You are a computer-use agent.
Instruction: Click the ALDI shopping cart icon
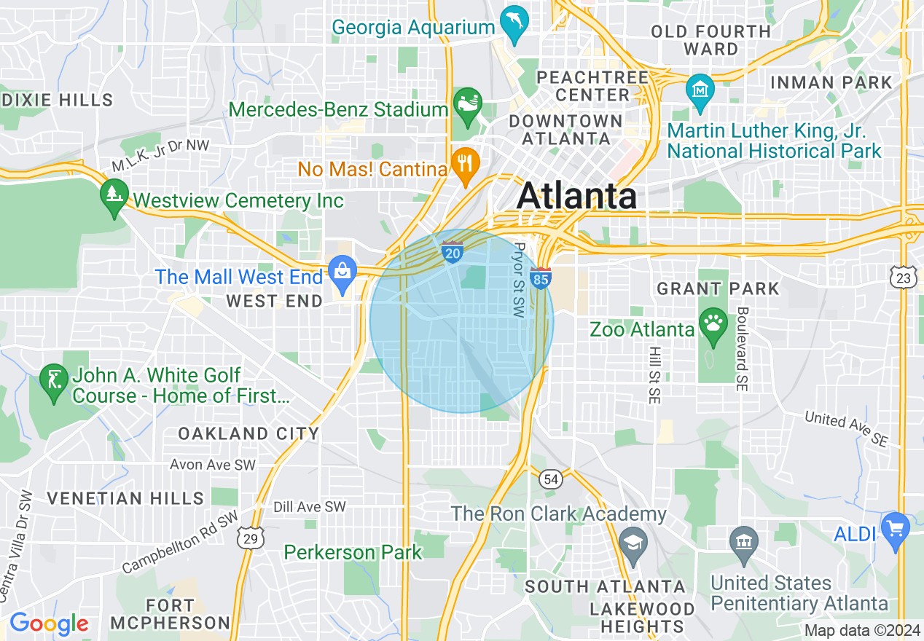pyautogui.click(x=896, y=527)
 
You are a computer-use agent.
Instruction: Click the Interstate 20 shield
pyautogui.click(x=452, y=252)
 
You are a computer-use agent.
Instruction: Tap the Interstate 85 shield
pyautogui.click(x=541, y=278)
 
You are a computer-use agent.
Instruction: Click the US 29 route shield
pyautogui.click(x=251, y=538)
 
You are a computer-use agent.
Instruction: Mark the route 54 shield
pyautogui.click(x=550, y=479)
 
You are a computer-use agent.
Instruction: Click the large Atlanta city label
pyautogui.click(x=577, y=196)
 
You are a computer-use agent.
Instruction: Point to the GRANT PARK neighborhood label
pyautogui.click(x=718, y=288)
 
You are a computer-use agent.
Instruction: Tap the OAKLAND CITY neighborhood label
pyautogui.click(x=248, y=434)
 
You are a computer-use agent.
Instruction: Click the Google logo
pyautogui.click(x=49, y=624)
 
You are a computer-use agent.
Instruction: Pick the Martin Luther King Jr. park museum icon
pyautogui.click(x=700, y=90)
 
